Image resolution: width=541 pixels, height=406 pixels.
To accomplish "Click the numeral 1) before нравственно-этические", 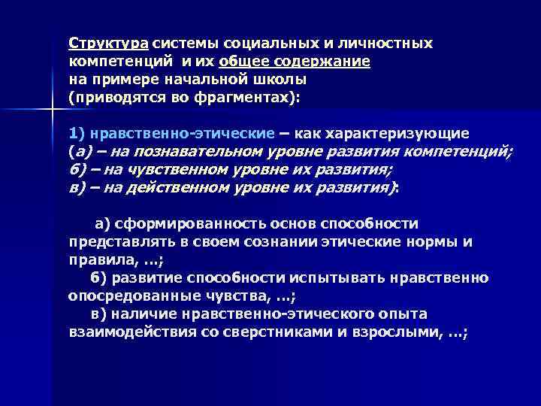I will [x=77, y=133].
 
